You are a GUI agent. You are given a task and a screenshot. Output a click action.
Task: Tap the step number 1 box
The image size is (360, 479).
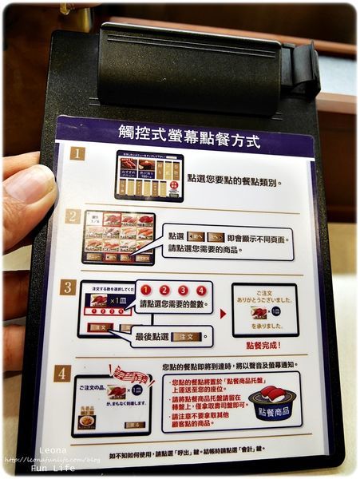tap(76, 153)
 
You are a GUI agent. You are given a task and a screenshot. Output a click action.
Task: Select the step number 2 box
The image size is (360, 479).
tap(73, 216)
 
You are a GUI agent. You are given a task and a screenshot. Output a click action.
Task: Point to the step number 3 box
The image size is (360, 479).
tap(69, 287)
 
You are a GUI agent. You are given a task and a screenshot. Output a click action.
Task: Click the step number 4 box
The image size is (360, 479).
tap(63, 373)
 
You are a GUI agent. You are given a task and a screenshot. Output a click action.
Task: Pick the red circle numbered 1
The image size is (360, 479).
tap(146, 291)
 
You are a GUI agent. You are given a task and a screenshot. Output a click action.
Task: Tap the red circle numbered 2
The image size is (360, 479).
tap(164, 291)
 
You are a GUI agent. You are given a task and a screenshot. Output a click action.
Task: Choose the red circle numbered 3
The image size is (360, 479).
tap(183, 291)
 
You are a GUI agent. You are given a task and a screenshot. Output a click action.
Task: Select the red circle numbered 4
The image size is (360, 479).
tap(201, 291)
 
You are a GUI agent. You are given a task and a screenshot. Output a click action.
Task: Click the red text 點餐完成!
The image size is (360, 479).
tap(266, 345)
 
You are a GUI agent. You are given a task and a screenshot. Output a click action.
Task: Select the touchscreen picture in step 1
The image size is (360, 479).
tap(149, 175)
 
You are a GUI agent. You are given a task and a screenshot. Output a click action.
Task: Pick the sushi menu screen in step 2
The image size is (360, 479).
tap(118, 237)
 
